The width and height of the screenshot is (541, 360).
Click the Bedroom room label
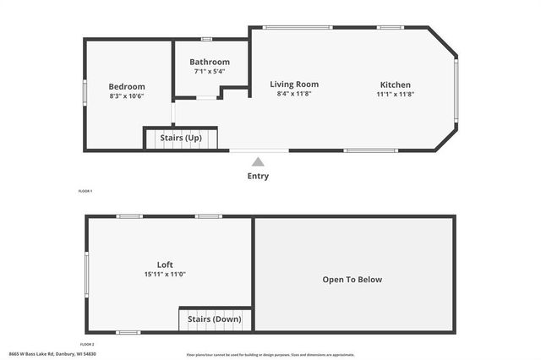pos(127,86)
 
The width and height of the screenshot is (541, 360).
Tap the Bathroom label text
pos(210,62)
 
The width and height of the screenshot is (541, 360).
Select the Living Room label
pos(294,84)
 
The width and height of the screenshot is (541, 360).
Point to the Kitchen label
pos(395,85)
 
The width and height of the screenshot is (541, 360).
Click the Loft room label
pos(165,265)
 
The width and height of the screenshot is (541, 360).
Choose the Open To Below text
pos(352,280)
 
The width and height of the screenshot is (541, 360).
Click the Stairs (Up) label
pos(181,137)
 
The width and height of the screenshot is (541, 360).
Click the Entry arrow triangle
pos(258,161)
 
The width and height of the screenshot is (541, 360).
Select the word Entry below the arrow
pos(258,176)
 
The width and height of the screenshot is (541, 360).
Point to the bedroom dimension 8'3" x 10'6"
pos(127,96)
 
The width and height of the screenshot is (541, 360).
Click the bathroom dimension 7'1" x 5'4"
pos(210,71)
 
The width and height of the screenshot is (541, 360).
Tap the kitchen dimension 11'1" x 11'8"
pos(395,94)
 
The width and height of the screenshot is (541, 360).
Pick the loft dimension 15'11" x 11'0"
pos(165,274)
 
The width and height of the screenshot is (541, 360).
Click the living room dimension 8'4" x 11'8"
pos(294,93)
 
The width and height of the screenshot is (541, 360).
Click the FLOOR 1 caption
pos(85,192)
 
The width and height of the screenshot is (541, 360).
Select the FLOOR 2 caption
pos(87,344)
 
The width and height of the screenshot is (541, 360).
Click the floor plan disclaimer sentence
pos(270,354)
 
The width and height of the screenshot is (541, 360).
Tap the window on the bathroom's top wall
pos(206,38)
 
